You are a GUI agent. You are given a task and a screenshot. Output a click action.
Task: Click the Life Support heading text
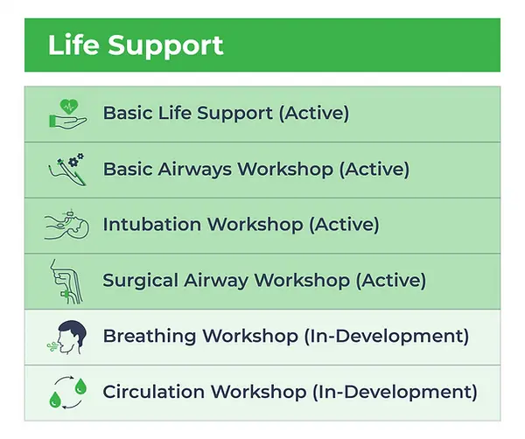click(x=136, y=45)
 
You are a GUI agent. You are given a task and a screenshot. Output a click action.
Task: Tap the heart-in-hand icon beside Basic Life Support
click(x=66, y=114)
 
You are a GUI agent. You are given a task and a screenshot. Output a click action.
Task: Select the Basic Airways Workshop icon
click(x=66, y=169)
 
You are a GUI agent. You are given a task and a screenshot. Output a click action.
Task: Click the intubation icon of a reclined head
click(x=66, y=225)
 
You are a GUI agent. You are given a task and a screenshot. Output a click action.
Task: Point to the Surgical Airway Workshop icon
click(x=66, y=280)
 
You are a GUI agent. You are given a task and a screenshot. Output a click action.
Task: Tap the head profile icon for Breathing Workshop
click(x=66, y=337)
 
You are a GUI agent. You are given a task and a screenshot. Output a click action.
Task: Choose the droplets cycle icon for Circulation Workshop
click(x=66, y=392)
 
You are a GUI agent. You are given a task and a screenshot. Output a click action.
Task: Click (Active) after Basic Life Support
click(x=313, y=114)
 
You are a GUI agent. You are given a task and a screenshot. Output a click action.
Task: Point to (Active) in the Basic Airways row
click(x=374, y=169)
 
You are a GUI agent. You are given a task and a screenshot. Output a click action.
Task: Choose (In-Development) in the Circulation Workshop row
click(x=395, y=392)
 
